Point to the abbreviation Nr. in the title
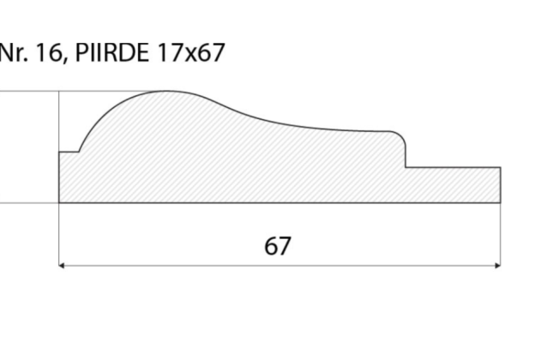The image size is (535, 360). [x=13, y=53]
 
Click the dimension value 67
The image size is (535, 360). [x=277, y=246]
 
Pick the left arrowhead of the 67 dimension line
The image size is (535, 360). [x=63, y=266]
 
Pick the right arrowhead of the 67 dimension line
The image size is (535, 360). [x=496, y=266]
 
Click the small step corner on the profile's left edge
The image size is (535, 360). [x=79, y=152]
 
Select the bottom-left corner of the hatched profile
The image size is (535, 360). [x=59, y=203]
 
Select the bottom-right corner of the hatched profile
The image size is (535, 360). [x=500, y=203]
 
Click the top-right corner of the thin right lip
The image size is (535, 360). [x=500, y=168]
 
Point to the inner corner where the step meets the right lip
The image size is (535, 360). [x=406, y=168]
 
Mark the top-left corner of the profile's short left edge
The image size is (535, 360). [x=59, y=152]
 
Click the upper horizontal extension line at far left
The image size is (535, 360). [x=26, y=91]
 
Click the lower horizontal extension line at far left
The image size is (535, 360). [x=26, y=203]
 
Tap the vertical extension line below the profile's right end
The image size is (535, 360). [x=500, y=236]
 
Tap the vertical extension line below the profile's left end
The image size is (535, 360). [x=59, y=236]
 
